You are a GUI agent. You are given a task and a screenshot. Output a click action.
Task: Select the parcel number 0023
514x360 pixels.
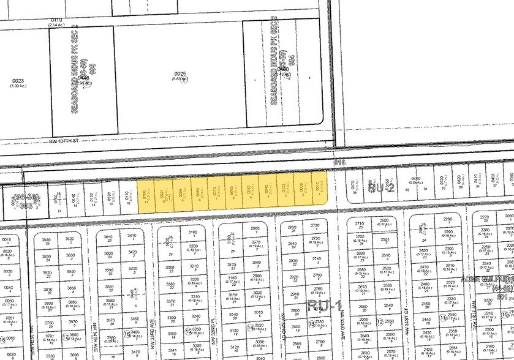(x=17, y=81)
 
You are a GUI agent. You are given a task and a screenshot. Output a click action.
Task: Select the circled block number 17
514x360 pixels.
(x=66, y=336)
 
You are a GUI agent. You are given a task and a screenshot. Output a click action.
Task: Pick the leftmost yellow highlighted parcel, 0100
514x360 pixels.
(x=145, y=193)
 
